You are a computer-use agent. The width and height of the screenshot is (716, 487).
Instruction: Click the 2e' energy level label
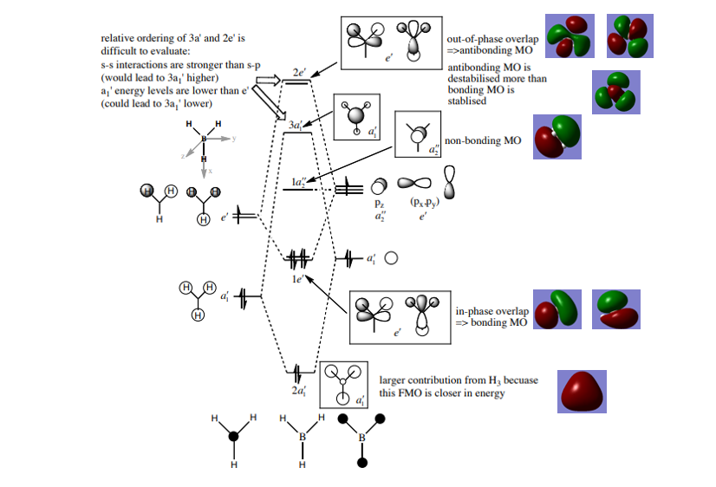(x=299, y=72)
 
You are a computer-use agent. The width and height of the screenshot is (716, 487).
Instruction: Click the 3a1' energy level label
(x=296, y=125)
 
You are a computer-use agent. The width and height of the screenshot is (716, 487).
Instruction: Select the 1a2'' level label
(x=299, y=182)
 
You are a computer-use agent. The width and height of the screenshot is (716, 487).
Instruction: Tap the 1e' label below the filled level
(x=297, y=279)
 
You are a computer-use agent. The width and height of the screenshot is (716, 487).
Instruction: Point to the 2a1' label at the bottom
(x=299, y=391)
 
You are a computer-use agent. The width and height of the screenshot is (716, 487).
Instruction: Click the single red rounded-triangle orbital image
(x=582, y=392)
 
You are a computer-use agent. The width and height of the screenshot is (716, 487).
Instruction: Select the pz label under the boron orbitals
(x=380, y=203)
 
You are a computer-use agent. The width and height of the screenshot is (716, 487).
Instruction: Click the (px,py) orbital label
(x=424, y=202)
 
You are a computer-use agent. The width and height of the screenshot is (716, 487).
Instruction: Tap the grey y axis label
(x=234, y=139)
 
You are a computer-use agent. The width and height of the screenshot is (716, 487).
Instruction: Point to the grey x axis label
(x=210, y=172)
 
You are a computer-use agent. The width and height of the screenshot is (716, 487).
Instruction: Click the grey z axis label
(x=183, y=156)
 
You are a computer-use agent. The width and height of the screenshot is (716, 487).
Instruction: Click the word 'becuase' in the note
(x=521, y=380)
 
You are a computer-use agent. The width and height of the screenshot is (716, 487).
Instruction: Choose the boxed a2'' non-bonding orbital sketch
(x=418, y=134)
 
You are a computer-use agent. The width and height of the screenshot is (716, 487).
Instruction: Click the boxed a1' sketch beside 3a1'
(x=356, y=117)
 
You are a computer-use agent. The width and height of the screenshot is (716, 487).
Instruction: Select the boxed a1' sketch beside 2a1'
(x=343, y=385)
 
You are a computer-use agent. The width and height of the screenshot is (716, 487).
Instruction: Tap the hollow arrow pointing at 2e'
(x=268, y=81)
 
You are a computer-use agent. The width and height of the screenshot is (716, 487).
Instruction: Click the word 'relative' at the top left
(x=116, y=38)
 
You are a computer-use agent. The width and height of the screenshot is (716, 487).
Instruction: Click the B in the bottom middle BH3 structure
(x=303, y=437)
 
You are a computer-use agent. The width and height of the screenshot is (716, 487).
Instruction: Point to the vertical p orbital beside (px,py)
(x=449, y=182)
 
